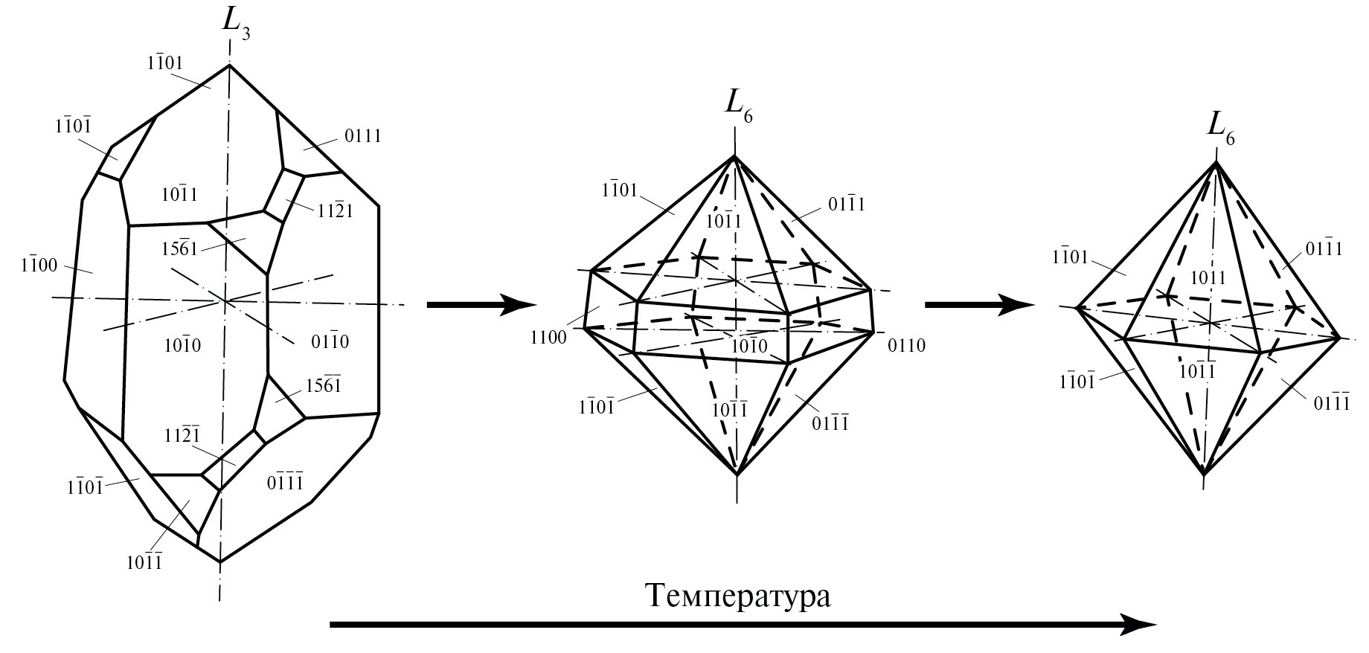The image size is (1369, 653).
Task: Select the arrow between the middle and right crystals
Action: point(978,304)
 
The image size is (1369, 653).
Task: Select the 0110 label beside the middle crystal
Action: point(905,345)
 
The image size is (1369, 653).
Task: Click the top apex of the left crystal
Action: point(229,65)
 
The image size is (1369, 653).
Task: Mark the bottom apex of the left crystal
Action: point(219,562)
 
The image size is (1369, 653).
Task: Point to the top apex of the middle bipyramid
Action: point(734,155)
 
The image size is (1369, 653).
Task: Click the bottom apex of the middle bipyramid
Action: point(736,474)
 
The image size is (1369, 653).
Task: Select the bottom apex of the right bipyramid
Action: point(1204,474)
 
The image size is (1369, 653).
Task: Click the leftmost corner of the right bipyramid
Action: point(1077,306)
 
